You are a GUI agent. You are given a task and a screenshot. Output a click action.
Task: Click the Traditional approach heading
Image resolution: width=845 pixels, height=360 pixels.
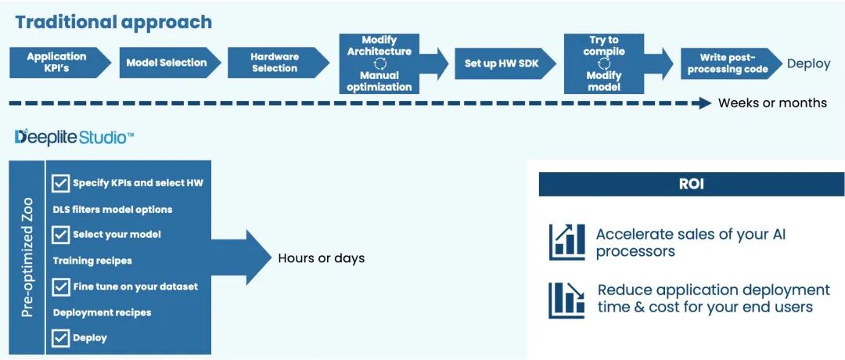click(113, 22)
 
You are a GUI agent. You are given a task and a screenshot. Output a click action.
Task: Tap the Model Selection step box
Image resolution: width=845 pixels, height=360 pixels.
click(167, 63)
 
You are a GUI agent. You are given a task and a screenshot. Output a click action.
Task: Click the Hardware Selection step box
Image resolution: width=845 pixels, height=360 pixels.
click(275, 63)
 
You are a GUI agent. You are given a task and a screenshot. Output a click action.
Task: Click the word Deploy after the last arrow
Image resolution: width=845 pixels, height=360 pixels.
click(808, 64)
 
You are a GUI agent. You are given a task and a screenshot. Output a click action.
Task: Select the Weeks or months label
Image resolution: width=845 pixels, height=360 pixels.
click(771, 103)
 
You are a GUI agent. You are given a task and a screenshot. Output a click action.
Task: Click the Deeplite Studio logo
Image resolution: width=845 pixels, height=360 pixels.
click(74, 138)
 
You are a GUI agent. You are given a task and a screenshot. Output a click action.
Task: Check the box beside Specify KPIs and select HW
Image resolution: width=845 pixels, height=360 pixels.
click(60, 183)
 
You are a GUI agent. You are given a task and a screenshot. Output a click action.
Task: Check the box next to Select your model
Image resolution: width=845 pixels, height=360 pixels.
click(60, 234)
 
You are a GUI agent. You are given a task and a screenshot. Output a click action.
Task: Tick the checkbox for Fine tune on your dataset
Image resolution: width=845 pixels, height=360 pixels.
click(60, 286)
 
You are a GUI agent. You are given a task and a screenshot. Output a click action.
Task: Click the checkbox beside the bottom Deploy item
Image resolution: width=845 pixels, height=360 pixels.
click(60, 338)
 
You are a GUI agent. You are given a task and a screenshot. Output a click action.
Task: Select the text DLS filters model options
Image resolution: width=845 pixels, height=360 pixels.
click(113, 210)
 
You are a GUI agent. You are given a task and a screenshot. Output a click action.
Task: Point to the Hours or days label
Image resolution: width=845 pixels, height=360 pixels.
click(321, 258)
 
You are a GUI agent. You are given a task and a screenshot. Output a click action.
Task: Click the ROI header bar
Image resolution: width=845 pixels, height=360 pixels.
click(691, 185)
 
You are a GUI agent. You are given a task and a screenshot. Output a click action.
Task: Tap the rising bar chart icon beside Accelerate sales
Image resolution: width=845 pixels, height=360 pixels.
click(567, 242)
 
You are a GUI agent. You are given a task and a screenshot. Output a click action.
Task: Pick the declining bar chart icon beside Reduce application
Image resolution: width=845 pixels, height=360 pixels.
click(567, 300)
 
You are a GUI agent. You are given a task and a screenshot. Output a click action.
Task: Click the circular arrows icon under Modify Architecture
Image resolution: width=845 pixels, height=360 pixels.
click(379, 63)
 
